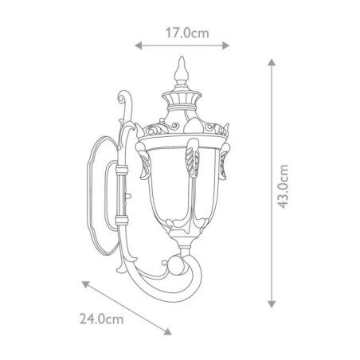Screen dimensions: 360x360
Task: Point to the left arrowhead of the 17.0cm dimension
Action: click(x=139, y=46)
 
